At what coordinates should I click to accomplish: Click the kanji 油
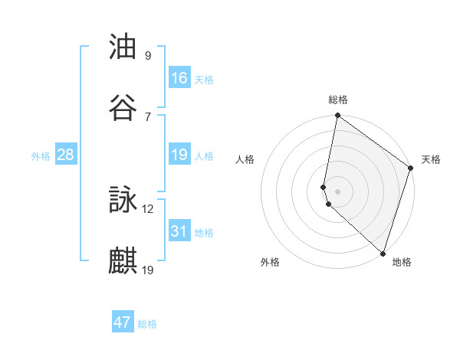click(123, 47)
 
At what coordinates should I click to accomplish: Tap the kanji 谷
click(123, 108)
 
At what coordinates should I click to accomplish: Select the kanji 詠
click(123, 200)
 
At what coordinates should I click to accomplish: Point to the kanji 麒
click(123, 260)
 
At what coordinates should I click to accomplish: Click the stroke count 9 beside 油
click(148, 56)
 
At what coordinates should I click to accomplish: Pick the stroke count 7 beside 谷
click(148, 116)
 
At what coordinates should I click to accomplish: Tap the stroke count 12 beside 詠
click(148, 208)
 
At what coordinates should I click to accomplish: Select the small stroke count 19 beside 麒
click(148, 269)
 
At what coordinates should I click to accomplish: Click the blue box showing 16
click(179, 78)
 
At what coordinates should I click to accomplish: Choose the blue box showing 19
click(179, 155)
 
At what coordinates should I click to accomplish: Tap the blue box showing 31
click(179, 231)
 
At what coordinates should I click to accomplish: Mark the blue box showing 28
click(66, 155)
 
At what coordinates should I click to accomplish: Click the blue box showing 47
click(123, 322)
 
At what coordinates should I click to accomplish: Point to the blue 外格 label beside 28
click(41, 155)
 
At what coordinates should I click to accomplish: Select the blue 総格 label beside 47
click(147, 323)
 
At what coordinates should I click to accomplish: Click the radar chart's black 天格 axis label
click(431, 159)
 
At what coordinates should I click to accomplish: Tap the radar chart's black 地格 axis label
click(402, 262)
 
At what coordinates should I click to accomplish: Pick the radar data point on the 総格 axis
click(337, 116)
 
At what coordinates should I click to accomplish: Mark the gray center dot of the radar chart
click(337, 191)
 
